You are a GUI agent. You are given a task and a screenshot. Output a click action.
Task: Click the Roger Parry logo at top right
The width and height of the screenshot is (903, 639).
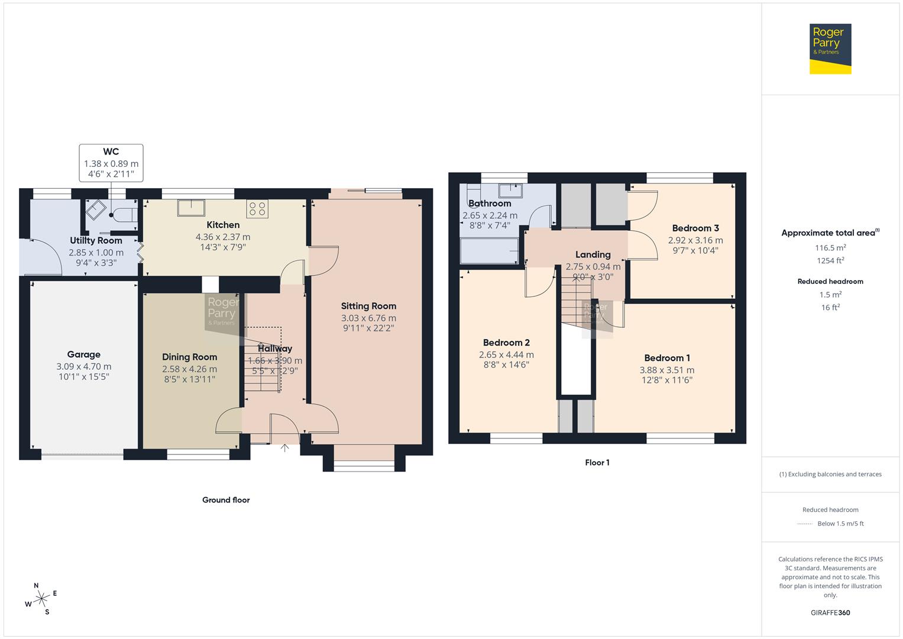coord(830,49)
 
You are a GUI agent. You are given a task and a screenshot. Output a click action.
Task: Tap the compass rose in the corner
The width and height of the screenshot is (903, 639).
coord(41,599)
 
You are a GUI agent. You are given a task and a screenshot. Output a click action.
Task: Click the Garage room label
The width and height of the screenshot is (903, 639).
coord(83,354)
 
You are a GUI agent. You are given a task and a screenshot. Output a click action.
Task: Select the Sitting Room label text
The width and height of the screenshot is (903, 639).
coord(368,306)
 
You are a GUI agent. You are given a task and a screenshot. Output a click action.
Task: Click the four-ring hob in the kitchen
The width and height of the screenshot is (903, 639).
coord(258,208)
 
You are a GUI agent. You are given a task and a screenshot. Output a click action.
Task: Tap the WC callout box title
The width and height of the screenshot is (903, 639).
coord(111,152)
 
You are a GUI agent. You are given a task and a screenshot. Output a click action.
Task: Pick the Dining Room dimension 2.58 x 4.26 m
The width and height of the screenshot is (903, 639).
coord(189,369)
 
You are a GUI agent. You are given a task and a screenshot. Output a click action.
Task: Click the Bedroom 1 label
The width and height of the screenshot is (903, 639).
coord(667,358)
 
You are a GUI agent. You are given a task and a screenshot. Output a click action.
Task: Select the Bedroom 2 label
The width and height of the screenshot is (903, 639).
coord(506,343)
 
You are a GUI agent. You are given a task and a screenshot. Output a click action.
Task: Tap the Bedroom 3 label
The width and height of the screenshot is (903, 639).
coord(695,228)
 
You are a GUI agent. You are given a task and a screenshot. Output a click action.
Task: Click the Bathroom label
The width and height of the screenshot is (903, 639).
coord(490,204)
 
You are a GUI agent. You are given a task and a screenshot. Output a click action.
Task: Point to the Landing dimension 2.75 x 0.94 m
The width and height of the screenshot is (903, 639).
coord(593,267)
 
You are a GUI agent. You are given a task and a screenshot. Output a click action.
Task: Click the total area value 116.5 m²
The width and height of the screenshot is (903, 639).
coord(830,248)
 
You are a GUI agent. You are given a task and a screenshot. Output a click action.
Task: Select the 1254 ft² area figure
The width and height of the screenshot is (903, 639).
coord(830,261)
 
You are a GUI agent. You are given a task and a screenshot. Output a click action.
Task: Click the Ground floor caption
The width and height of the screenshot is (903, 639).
coord(226,500)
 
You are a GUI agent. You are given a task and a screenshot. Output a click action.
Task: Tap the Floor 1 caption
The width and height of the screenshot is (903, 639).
coord(597,463)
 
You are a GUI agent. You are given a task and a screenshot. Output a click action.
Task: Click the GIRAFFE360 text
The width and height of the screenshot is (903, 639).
coord(830,612)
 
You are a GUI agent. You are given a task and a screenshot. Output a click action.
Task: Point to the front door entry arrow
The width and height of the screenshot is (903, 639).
coord(284,448)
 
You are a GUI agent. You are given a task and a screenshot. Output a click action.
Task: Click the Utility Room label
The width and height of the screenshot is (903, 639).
coord(96,241)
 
